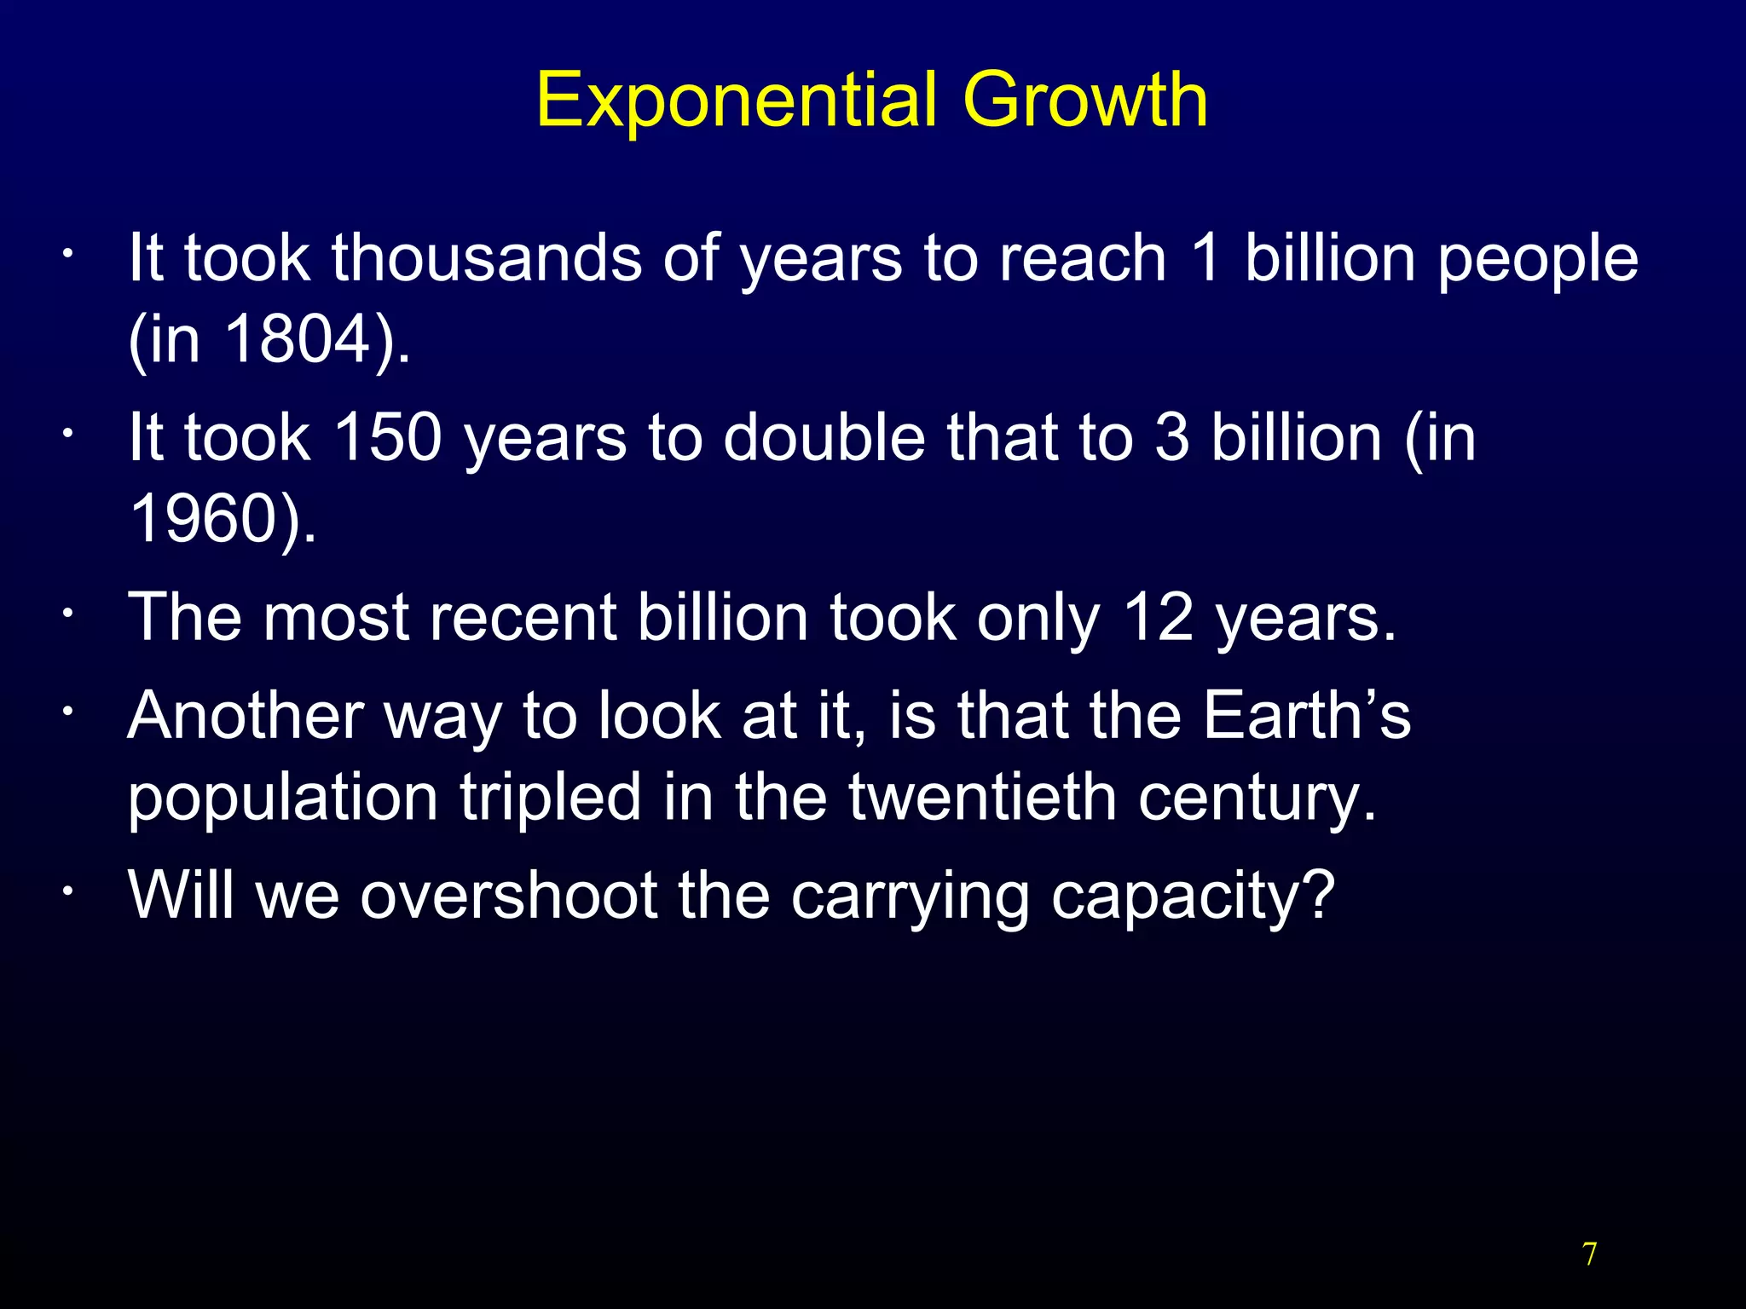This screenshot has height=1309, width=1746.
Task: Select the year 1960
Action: (204, 518)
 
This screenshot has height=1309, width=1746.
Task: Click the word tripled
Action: (550, 798)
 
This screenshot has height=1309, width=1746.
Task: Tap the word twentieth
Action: (982, 796)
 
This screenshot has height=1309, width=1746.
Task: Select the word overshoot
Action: (508, 895)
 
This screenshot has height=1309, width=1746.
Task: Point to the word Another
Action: (246, 714)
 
